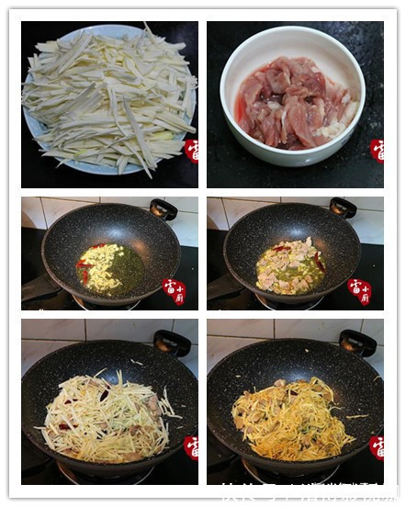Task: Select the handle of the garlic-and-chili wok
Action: point(164,208)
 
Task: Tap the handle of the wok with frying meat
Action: point(343,208)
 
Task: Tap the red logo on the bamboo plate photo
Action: point(191,151)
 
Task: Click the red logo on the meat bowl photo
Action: point(377,150)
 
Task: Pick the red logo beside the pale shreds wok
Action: point(191,447)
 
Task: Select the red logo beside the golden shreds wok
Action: point(377,447)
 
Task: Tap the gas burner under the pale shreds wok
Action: point(101,473)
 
